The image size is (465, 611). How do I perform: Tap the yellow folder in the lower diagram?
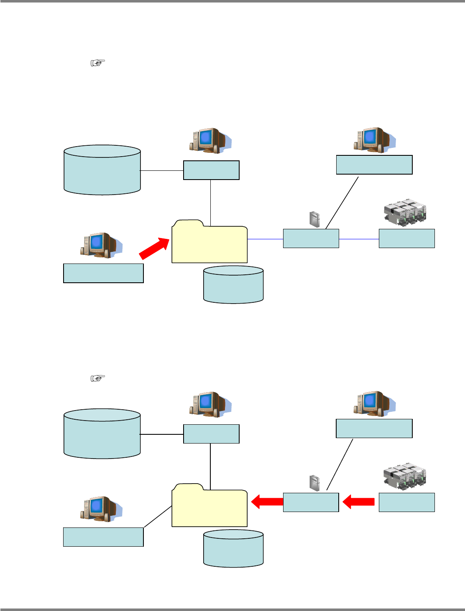210,507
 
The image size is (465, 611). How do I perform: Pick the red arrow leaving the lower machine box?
358,502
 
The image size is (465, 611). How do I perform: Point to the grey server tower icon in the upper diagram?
314,219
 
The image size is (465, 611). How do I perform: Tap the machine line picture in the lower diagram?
404,477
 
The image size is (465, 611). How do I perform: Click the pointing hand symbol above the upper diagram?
97,63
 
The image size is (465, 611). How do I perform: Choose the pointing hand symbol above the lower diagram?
97,378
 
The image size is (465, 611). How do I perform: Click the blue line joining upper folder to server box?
265,239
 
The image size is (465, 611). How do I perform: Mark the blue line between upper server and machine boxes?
359,239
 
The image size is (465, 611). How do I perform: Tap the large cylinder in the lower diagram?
102,434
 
